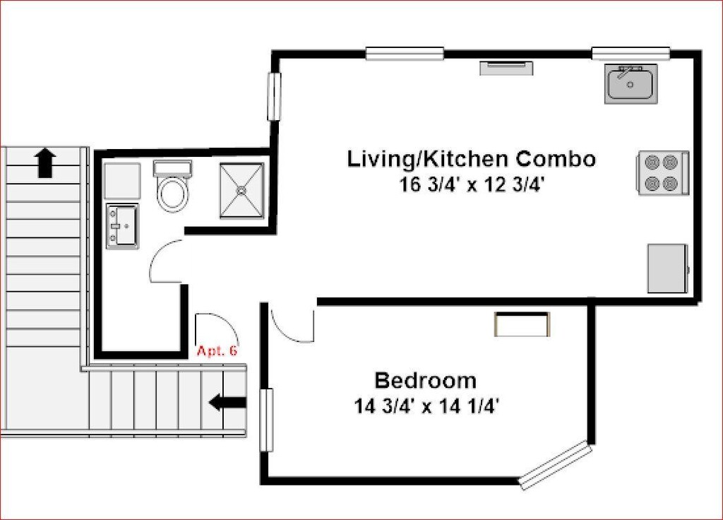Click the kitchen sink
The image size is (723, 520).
tap(631, 83)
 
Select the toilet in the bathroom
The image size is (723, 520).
tap(173, 186)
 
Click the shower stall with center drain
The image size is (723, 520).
tap(241, 190)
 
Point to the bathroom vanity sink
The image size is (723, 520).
tap(122, 226)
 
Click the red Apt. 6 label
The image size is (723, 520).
tap(217, 350)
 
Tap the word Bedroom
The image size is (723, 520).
tap(425, 381)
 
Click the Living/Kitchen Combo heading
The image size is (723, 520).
tap(471, 159)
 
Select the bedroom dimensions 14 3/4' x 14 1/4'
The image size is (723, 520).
tap(427, 406)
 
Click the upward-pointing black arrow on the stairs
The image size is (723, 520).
tap(46, 163)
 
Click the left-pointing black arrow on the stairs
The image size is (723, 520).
tap(227, 402)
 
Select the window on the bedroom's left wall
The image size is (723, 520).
tap(266, 420)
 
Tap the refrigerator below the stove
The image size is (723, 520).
tap(668, 268)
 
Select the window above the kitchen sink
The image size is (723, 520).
tap(631, 54)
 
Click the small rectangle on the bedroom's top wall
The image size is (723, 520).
tap(522, 324)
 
